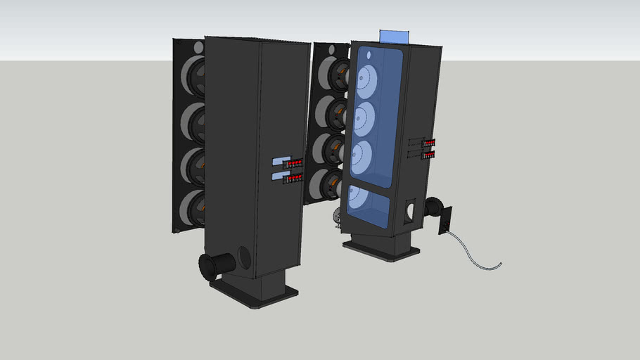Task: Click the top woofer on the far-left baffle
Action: [193, 77]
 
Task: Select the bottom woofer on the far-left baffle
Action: [192, 209]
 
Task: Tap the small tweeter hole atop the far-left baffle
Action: [198, 47]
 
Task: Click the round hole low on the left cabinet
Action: [245, 257]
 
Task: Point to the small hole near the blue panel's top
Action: [371, 52]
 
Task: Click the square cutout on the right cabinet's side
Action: [410, 210]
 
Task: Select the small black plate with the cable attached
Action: [445, 219]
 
